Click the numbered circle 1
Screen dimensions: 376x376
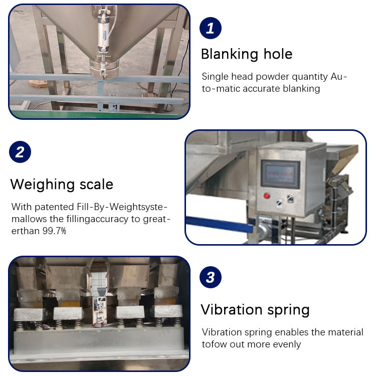pos(210,28)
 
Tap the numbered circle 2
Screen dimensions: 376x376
pos(20,152)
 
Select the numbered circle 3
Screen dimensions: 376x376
pos(210,277)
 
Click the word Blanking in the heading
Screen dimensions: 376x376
pos(230,54)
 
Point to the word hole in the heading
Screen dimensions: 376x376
pos(278,54)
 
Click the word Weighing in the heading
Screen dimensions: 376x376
pos(43,184)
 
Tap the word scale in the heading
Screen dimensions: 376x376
pos(96,184)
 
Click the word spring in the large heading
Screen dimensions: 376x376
pos(288,310)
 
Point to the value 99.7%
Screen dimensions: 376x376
pos(54,231)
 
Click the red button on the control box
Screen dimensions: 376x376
pos(266,196)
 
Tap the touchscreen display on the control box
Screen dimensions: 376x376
pos(280,173)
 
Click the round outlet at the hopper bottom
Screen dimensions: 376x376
pos(104,69)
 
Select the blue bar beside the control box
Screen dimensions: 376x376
pos(220,224)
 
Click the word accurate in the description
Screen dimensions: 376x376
pos(261,89)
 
